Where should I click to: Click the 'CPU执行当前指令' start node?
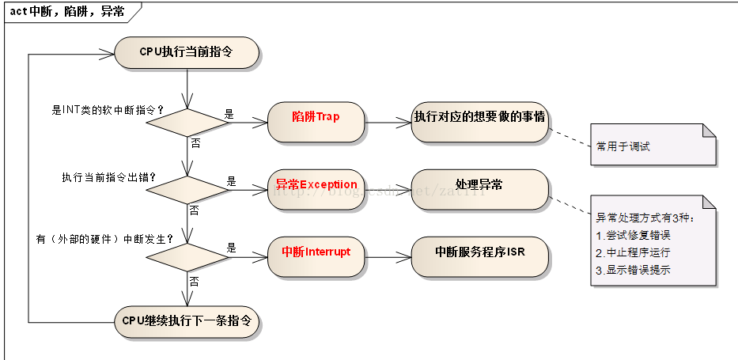(187, 53)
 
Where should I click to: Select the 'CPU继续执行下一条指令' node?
(187, 321)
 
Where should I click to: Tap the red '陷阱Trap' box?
(316, 117)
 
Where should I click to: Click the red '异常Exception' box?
(316, 185)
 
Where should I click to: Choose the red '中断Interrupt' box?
(316, 252)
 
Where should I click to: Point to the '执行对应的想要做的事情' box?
(479, 117)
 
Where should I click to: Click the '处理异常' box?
(479, 185)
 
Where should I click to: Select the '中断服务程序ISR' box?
(479, 252)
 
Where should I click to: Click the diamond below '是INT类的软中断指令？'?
(187, 123)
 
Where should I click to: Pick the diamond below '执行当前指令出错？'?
(187, 190)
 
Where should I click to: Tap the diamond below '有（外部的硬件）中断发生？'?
(187, 257)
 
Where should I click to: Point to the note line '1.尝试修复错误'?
(633, 235)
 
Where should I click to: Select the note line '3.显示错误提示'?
(633, 270)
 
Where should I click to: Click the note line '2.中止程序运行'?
(633, 252)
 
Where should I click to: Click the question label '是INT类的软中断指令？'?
(107, 109)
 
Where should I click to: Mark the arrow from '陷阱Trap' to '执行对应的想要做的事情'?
(387, 123)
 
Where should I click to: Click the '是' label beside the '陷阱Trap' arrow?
(230, 114)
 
